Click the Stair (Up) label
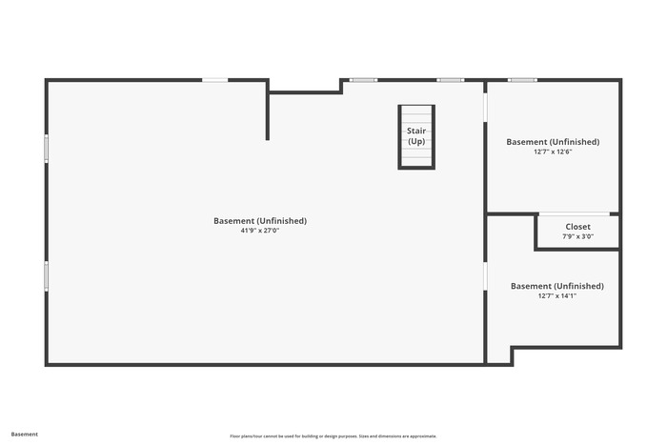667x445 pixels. click(416, 136)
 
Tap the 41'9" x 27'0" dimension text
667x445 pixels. click(260, 231)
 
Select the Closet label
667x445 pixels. click(577, 227)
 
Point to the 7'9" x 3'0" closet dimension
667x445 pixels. click(577, 236)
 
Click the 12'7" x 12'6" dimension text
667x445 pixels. click(553, 152)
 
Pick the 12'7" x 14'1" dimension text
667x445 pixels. click(556, 295)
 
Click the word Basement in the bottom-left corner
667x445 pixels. click(24, 435)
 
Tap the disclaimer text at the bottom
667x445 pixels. click(333, 436)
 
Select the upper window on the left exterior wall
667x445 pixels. click(47, 149)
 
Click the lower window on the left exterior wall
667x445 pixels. click(47, 276)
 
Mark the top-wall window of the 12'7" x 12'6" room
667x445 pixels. click(522, 80)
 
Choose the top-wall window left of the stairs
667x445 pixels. click(363, 80)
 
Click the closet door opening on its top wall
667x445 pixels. click(575, 214)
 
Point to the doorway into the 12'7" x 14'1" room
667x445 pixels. click(485, 276)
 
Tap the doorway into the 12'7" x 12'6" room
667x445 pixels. click(485, 108)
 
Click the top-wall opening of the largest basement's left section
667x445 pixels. click(214, 80)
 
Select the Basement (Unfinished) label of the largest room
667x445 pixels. click(260, 221)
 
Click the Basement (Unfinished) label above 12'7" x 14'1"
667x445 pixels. click(556, 286)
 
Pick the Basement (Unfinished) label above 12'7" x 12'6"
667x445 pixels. click(553, 142)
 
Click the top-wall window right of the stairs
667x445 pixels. click(451, 80)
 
